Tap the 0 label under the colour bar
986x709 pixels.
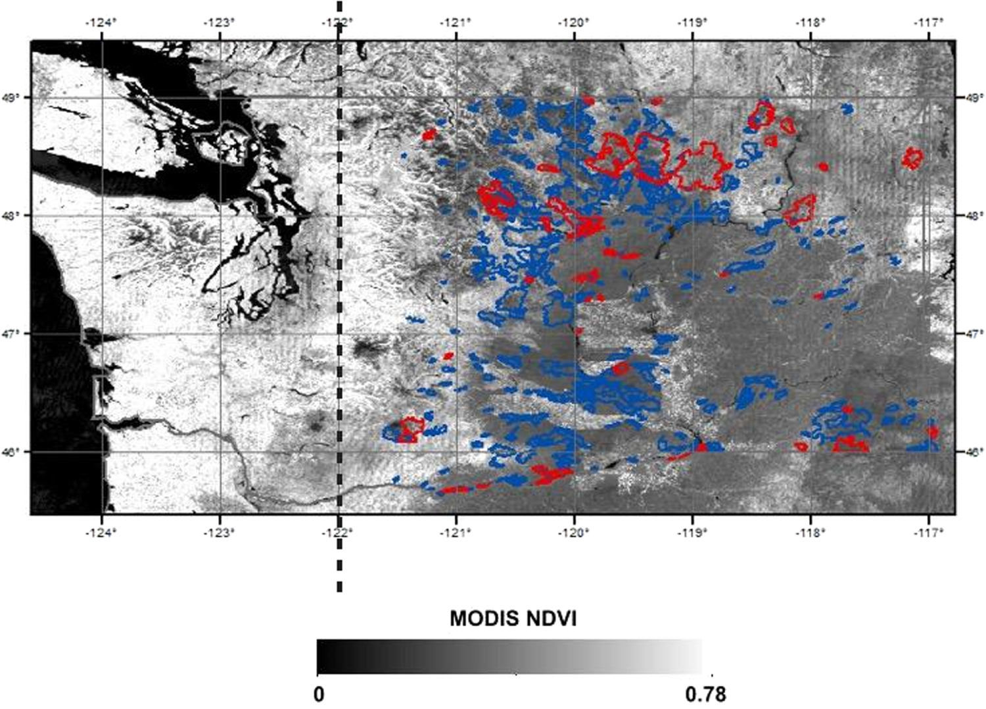click(319, 694)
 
